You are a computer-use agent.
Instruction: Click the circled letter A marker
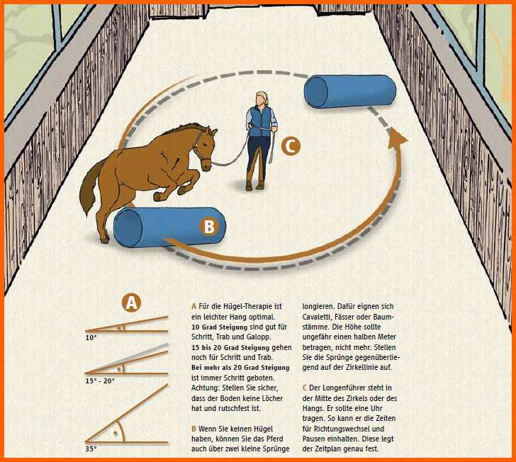click(131, 303)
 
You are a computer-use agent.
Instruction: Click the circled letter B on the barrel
click(209, 226)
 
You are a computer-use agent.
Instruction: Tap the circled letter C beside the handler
click(291, 147)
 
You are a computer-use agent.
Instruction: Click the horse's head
click(205, 147)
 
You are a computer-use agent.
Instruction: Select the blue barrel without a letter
click(350, 91)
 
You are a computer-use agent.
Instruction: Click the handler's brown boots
click(254, 185)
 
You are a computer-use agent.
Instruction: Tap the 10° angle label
click(91, 338)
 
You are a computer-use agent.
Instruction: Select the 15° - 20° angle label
click(100, 381)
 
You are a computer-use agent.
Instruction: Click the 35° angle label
click(91, 449)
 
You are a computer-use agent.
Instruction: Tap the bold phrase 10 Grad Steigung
click(220, 327)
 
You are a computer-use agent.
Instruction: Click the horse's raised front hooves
click(170, 193)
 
